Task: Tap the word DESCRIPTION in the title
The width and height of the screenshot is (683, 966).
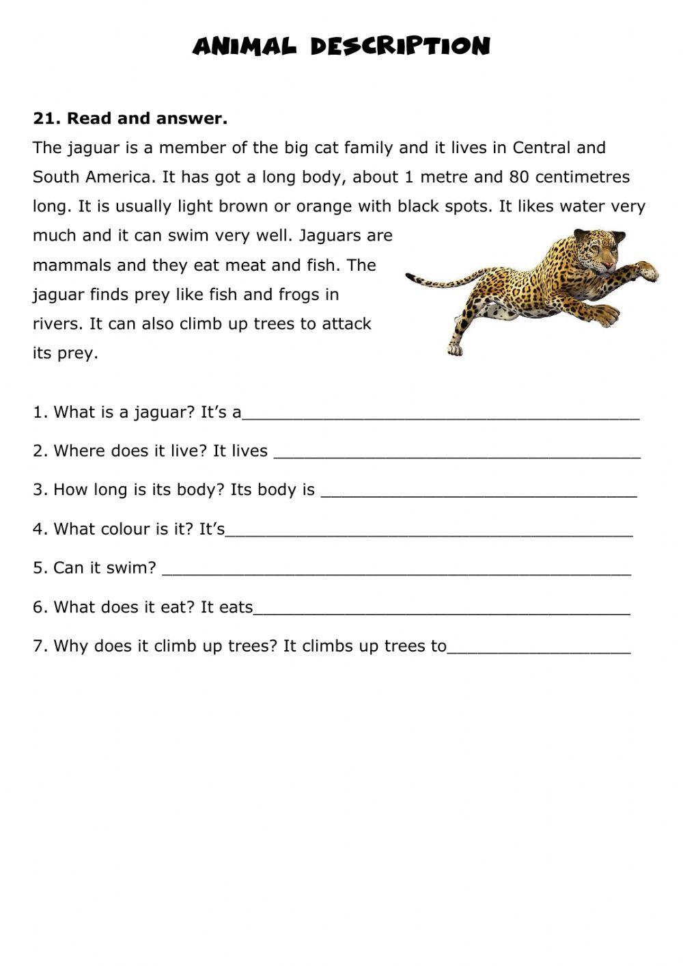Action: tap(400, 46)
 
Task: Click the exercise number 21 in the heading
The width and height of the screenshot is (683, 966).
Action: tap(43, 118)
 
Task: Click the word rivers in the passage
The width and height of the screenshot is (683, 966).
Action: tap(57, 324)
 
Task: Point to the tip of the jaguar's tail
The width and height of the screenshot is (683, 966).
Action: tap(408, 277)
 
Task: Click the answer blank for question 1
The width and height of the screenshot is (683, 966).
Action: tap(441, 414)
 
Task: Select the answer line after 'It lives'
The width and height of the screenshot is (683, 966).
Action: tap(456, 453)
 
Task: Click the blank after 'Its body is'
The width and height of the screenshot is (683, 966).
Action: tap(478, 492)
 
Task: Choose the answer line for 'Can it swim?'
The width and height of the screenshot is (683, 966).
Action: tap(396, 569)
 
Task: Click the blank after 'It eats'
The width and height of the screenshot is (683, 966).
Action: tap(441, 608)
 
